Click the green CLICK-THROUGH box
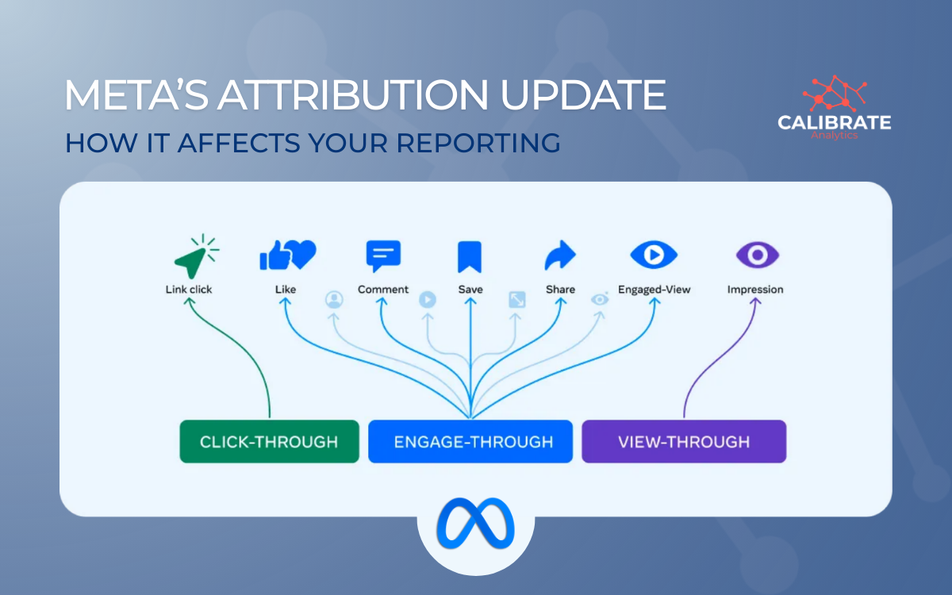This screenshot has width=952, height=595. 269,441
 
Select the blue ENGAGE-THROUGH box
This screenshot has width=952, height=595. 470,441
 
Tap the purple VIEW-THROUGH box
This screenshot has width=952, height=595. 684,441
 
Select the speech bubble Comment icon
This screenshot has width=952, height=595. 383,255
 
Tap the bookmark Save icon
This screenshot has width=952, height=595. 470,256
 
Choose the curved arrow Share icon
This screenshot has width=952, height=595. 560,256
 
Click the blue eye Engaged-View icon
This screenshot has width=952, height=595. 653,255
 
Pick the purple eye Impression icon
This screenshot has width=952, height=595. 757,255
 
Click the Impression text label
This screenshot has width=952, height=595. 755,290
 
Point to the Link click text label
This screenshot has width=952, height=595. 189,290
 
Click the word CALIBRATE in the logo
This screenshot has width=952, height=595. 834,123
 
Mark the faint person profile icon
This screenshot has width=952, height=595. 334,300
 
